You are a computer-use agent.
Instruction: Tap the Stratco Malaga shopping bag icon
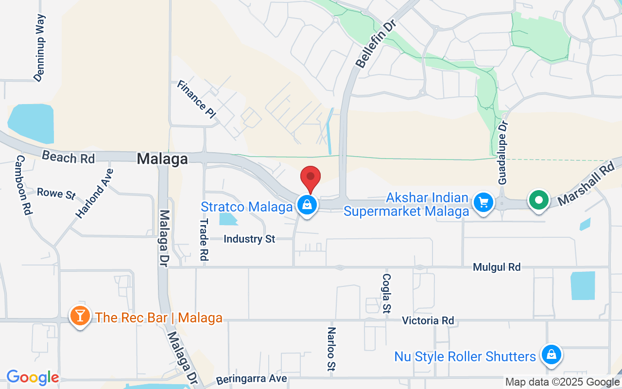(307, 205)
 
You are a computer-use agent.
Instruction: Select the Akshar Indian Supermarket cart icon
(483, 202)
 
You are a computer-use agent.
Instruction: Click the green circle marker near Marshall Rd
(538, 200)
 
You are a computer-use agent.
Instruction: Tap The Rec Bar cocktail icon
(80, 316)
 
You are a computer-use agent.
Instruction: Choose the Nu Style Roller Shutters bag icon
(552, 355)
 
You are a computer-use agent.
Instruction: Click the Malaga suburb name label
(162, 159)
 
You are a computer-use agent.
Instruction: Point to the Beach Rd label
(68, 157)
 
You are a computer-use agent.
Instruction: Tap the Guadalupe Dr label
(502, 152)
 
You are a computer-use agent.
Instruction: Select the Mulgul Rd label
(497, 267)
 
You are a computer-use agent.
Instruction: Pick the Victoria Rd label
(428, 320)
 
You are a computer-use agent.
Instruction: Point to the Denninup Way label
(40, 48)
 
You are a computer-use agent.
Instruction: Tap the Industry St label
(249, 239)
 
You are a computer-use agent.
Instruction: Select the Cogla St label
(387, 293)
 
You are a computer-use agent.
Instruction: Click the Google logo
(33, 377)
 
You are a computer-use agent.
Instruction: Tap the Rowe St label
(56, 193)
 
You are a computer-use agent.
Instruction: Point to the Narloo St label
(331, 349)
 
